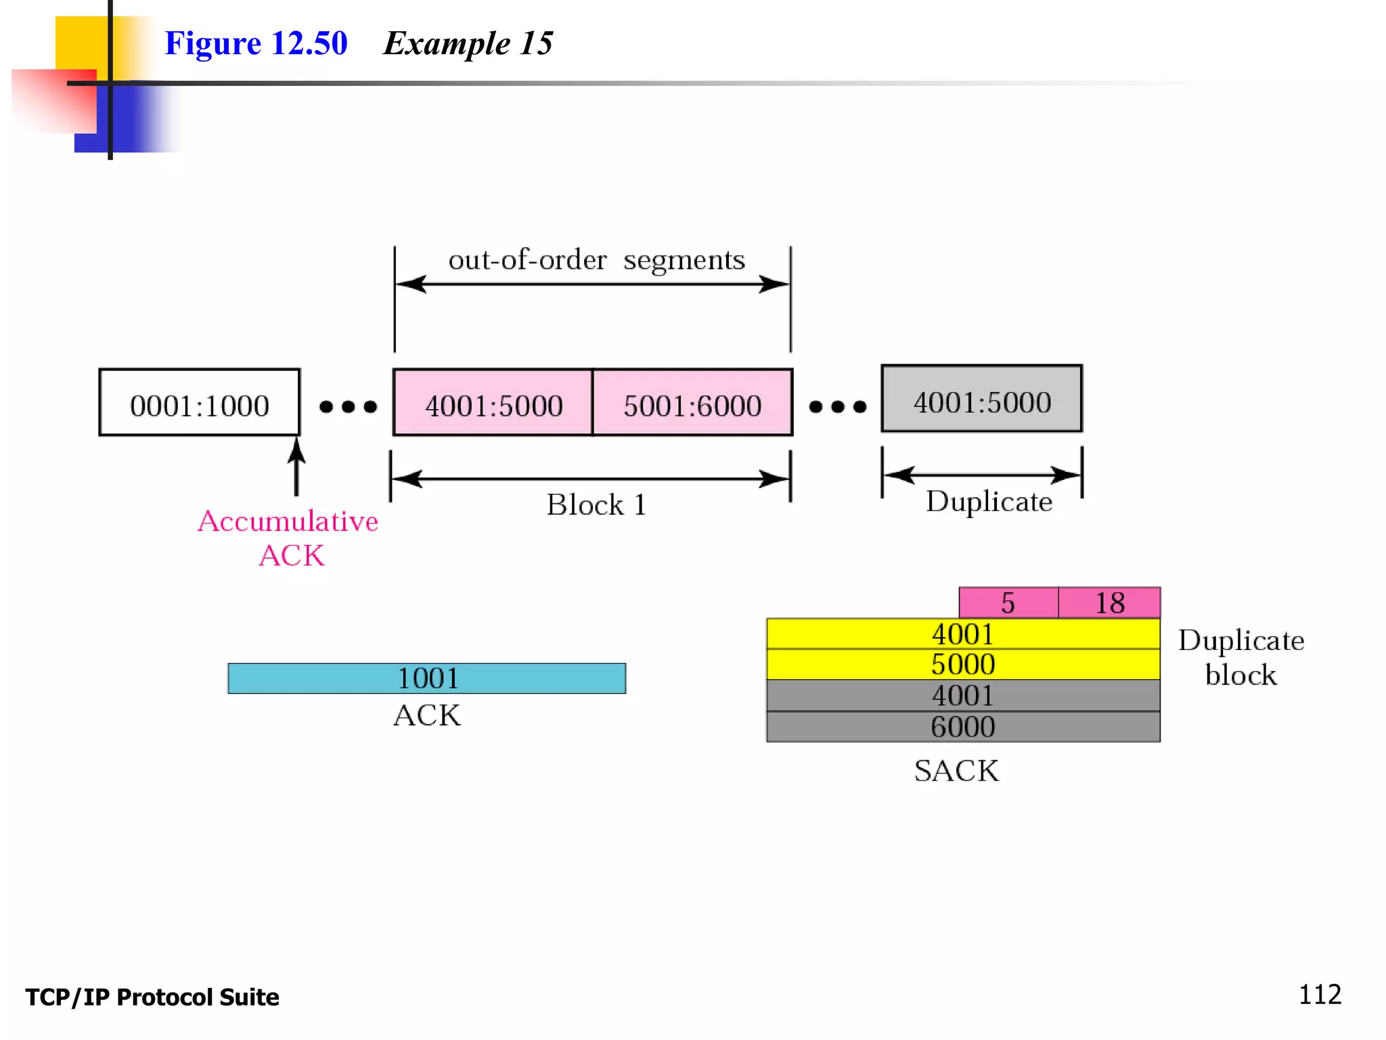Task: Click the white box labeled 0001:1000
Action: tap(199, 403)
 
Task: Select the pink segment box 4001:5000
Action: tap(493, 403)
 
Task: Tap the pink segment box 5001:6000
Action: tap(692, 403)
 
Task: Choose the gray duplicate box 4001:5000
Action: tap(981, 399)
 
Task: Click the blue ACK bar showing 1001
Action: tap(426, 678)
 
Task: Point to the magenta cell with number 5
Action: tap(1008, 603)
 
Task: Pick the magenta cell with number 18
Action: tap(1109, 603)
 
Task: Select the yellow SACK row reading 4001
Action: tap(962, 634)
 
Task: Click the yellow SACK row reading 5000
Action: tap(962, 664)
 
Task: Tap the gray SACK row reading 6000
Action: tap(962, 727)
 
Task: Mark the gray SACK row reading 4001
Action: tap(962, 695)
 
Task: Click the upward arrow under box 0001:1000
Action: tap(296, 467)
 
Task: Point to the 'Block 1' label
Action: tap(596, 505)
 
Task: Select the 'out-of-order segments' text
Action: tap(596, 260)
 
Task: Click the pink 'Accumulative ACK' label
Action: tap(289, 538)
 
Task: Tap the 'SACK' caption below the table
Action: tap(956, 771)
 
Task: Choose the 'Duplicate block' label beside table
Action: tap(1240, 657)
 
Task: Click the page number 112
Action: tap(1319, 995)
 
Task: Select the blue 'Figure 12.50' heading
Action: tap(256, 43)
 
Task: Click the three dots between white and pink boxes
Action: tap(348, 406)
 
